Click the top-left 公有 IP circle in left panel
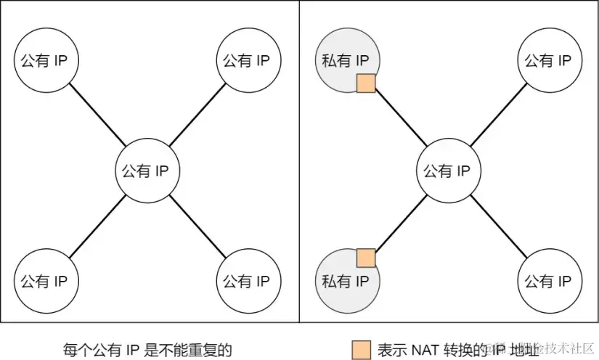(x=46, y=60)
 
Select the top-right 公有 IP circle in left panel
(x=246, y=60)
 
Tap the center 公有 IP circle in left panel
(x=146, y=171)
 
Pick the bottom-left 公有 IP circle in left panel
(x=46, y=280)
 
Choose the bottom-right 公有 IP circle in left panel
(x=246, y=280)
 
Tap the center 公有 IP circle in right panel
(x=447, y=171)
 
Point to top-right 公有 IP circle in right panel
(x=550, y=60)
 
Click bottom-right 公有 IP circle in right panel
(x=550, y=280)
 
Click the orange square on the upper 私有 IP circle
(x=366, y=83)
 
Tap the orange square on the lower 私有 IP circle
(x=366, y=257)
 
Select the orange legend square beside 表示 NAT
(x=360, y=349)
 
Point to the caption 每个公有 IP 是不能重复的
(x=147, y=349)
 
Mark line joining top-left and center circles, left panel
(x=96, y=116)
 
